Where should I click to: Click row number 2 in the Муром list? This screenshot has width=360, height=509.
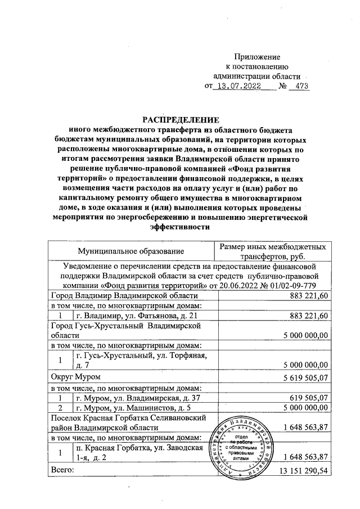61,408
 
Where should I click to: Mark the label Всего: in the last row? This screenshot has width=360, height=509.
62,468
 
